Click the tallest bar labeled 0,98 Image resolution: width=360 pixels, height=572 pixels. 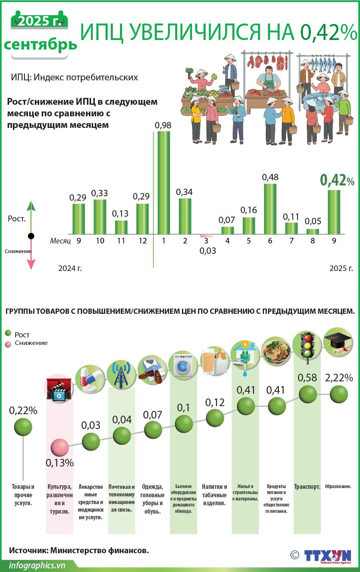(164, 182)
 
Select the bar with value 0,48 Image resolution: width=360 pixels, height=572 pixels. (270, 209)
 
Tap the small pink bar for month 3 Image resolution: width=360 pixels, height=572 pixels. (206, 236)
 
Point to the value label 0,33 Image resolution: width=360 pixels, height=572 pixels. (100, 193)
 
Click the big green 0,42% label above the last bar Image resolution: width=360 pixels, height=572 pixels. (337, 181)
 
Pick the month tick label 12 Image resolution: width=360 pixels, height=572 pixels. (142, 241)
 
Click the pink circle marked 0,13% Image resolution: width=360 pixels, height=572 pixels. (60, 447)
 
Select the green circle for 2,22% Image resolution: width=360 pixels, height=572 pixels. (339, 395)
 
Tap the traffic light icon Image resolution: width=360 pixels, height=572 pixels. (307, 347)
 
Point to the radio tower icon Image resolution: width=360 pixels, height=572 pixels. (121, 375)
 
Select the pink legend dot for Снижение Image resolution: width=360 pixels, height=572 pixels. (8, 344)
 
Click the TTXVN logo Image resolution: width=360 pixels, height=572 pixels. (327, 556)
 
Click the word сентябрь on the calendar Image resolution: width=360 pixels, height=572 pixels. (40, 44)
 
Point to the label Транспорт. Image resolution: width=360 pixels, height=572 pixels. (307, 486)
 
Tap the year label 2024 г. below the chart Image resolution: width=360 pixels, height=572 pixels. (70, 268)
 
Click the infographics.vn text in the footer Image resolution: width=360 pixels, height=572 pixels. (37, 565)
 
